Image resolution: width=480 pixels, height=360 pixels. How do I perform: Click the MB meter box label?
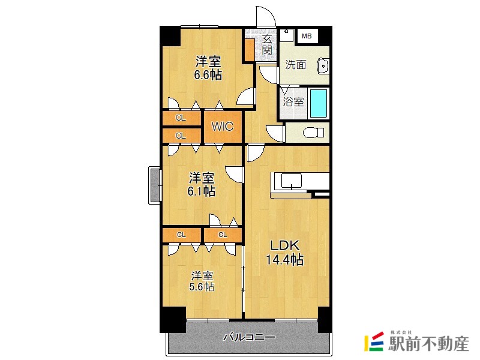307,37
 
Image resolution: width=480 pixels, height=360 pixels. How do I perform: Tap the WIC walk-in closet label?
222,127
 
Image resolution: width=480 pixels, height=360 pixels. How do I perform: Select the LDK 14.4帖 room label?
284,253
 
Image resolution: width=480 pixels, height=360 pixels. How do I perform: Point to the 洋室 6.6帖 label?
208,68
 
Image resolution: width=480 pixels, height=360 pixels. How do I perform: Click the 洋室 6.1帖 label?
202,184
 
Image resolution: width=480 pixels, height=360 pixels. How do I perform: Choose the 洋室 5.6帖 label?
202,281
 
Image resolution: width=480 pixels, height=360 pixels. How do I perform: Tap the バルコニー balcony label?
249,337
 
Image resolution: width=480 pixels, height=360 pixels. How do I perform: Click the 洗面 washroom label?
295,65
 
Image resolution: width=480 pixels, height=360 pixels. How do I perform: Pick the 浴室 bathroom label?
293,102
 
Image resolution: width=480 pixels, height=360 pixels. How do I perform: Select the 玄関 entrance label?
267,45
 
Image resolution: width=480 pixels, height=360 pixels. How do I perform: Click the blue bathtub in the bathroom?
319,104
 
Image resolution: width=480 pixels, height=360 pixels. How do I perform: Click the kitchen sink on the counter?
292,181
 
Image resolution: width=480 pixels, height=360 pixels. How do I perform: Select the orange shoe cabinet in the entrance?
249,50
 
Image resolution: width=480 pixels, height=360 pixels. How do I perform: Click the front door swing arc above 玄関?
264,17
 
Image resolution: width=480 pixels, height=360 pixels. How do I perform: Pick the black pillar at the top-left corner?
170,35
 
